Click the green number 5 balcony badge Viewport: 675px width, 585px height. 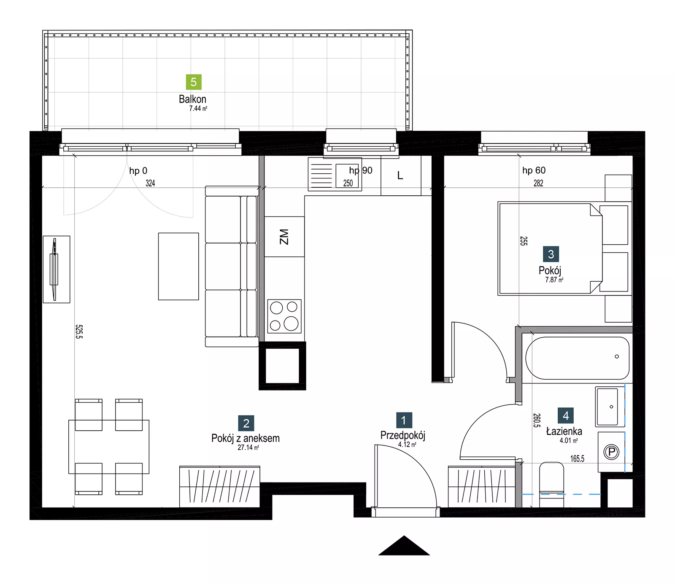click(x=194, y=82)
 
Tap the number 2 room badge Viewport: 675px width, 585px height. click(x=246, y=423)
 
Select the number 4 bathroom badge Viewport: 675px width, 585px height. click(x=566, y=415)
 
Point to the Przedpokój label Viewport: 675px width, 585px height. click(x=402, y=435)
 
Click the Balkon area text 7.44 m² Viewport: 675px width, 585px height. click(x=198, y=108)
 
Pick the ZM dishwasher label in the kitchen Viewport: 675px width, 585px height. click(x=284, y=237)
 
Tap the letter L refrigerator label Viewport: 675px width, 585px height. click(x=400, y=175)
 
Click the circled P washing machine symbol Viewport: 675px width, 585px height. click(x=611, y=452)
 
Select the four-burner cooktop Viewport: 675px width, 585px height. click(x=284, y=316)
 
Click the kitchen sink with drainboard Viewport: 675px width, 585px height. click(x=335, y=174)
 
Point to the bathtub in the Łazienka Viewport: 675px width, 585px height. click(x=578, y=358)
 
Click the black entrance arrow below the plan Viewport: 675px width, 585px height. click(x=404, y=546)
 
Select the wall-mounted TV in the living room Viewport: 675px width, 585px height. click(x=56, y=269)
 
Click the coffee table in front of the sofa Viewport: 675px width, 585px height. click(x=178, y=266)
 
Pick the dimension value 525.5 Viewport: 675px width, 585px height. click(x=79, y=332)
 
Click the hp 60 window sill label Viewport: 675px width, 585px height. click(x=534, y=170)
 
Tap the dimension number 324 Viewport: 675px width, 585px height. click(x=150, y=183)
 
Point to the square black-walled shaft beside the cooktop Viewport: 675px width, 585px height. click(x=282, y=366)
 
